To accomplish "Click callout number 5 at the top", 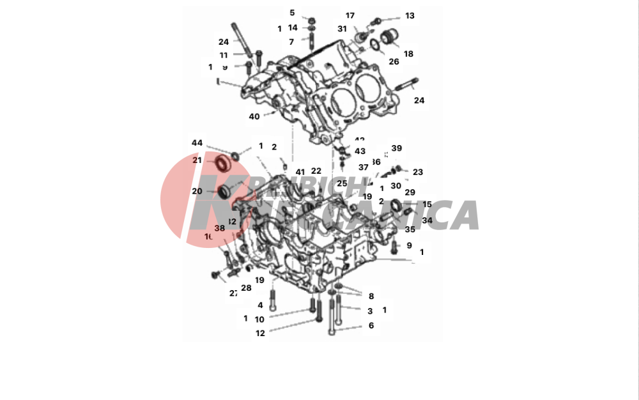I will (x=292, y=13).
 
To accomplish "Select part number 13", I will (x=410, y=16).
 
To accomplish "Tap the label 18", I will (x=408, y=54).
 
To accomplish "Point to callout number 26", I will (x=394, y=62).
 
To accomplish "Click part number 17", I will (x=350, y=16).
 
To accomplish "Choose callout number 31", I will (x=342, y=29).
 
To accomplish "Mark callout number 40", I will (x=254, y=116).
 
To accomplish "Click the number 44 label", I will (x=197, y=142).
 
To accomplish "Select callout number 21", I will (x=197, y=160).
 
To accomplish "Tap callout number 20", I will (x=197, y=191).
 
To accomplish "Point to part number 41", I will (x=300, y=172).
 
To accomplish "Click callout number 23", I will (x=418, y=172).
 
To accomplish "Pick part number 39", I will (x=397, y=148).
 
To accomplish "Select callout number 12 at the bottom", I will (x=260, y=333).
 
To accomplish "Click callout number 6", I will (x=371, y=325).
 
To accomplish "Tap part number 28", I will (x=246, y=288).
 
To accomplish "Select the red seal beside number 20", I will (x=224, y=191).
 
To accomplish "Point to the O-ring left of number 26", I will (x=375, y=45).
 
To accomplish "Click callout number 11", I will (x=224, y=55).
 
